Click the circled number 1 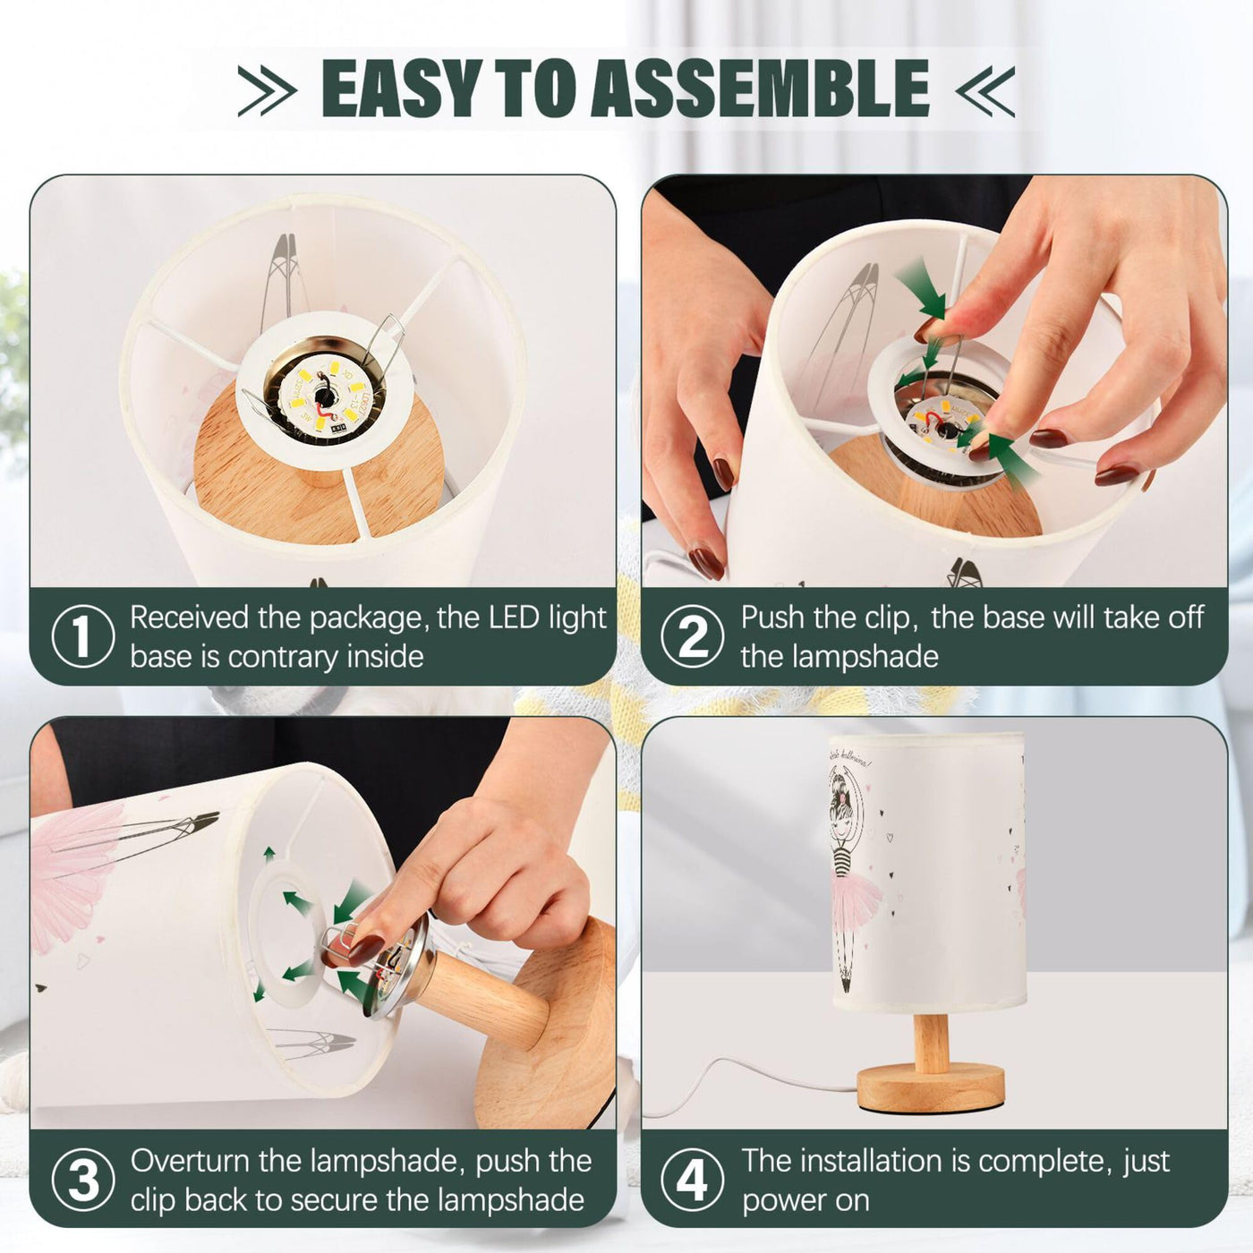click(x=82, y=636)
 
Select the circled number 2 click(x=693, y=636)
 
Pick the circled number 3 click(x=82, y=1181)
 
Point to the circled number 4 click(x=693, y=1181)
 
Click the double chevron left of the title click(x=268, y=91)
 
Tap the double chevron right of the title click(x=985, y=91)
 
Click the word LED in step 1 click(x=516, y=618)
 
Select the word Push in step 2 click(x=773, y=618)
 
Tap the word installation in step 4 click(x=893, y=1162)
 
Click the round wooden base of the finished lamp click(x=931, y=1086)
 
